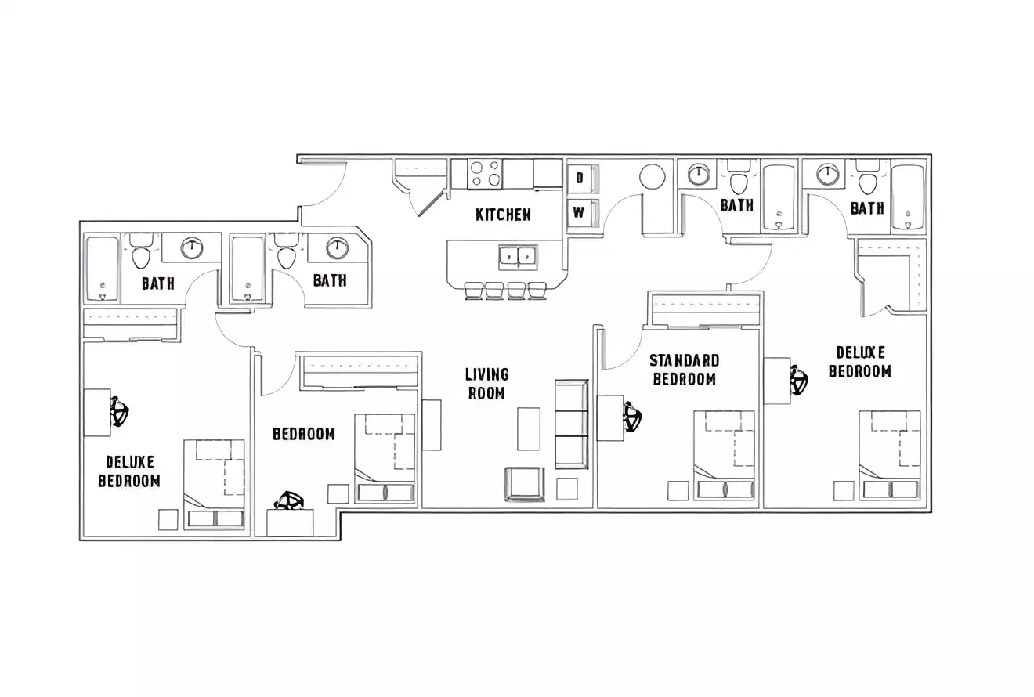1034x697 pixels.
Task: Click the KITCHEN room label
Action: pos(503,215)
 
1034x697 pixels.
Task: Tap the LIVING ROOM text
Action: pos(487,384)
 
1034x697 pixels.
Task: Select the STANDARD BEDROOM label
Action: pos(684,370)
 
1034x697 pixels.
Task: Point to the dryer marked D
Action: pos(580,179)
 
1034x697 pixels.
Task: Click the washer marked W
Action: pos(580,212)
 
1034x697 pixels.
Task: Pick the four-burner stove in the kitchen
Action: pos(484,173)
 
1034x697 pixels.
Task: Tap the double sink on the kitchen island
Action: pos(518,255)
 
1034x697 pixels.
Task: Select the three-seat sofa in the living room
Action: pos(571,424)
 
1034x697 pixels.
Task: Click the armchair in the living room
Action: pos(525,483)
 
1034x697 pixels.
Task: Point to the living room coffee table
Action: pos(529,428)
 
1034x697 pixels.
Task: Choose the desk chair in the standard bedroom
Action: pos(632,417)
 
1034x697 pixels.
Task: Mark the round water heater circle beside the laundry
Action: pos(653,177)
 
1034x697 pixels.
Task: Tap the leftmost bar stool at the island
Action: pos(474,291)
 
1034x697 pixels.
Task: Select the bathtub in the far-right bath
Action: pos(909,197)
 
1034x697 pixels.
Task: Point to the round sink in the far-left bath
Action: pos(191,249)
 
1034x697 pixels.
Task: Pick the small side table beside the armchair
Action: pos(566,489)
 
